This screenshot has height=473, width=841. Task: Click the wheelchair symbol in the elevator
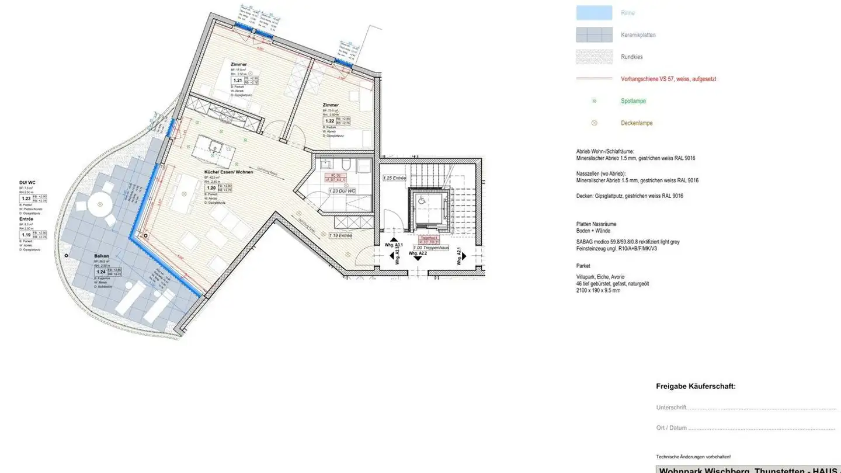pyautogui.click(x=421, y=200)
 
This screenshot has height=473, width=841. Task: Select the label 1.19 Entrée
pyautogui.click(x=340, y=235)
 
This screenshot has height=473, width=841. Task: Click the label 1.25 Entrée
pyautogui.click(x=394, y=178)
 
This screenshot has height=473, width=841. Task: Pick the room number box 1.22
pyautogui.click(x=329, y=121)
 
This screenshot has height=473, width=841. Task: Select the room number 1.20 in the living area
pyautogui.click(x=210, y=188)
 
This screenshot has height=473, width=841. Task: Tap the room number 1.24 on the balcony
pyautogui.click(x=102, y=272)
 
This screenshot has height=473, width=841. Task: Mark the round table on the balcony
pyautogui.click(x=100, y=204)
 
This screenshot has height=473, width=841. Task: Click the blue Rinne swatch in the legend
pyautogui.click(x=594, y=13)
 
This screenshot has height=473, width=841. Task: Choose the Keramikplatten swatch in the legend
pyautogui.click(x=594, y=35)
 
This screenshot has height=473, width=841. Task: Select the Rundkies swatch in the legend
pyautogui.click(x=594, y=57)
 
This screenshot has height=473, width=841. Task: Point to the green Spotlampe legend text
pyautogui.click(x=633, y=101)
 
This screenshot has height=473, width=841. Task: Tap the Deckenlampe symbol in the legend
pyautogui.click(x=594, y=123)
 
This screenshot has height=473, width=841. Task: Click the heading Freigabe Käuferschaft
pyautogui.click(x=696, y=387)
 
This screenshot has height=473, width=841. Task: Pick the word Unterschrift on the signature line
pyautogui.click(x=672, y=408)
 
